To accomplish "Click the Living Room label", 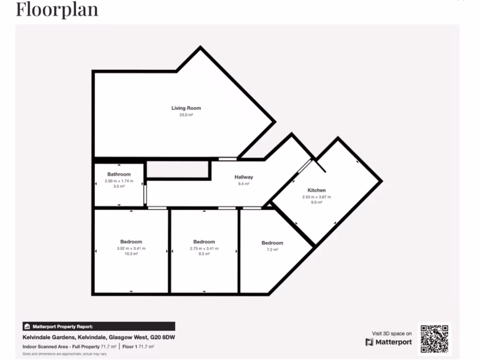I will tap(186, 108).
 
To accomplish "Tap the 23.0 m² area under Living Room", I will tap(186, 115).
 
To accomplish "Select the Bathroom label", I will tap(119, 174).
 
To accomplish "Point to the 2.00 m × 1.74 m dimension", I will tap(119, 180).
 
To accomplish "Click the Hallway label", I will tap(244, 177).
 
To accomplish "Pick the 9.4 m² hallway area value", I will tap(244, 184).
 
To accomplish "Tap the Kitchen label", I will tap(316, 190).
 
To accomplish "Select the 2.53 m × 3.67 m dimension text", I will tap(316, 197).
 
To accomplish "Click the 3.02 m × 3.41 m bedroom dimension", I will tap(131, 248).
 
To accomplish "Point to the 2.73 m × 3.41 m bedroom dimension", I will tap(204, 248).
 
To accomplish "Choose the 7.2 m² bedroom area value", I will tap(272, 250).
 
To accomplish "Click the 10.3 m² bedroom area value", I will tap(131, 254).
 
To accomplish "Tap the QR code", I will tap(434, 338).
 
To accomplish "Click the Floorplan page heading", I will tap(57, 9).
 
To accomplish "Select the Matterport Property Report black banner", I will tap(99, 326).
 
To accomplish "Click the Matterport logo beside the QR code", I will tap(389, 342).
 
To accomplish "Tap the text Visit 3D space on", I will tap(392, 333).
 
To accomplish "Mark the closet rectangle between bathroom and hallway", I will tap(178, 170).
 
